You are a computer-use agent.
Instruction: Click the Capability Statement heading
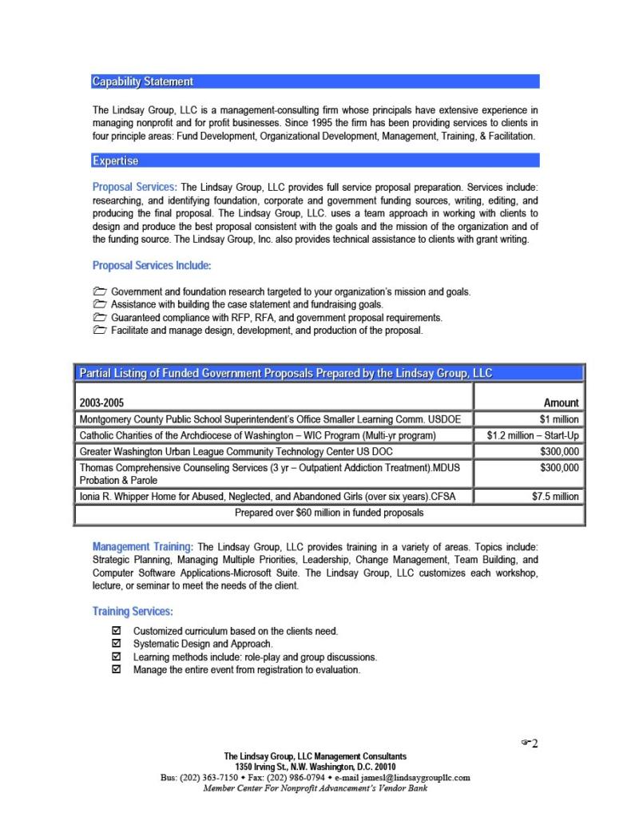pyautogui.click(x=143, y=81)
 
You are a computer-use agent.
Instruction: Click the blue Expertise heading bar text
pyautogui.click(x=116, y=161)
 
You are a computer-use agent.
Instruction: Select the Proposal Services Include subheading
pyautogui.click(x=152, y=265)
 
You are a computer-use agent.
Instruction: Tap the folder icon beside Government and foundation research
pyautogui.click(x=100, y=292)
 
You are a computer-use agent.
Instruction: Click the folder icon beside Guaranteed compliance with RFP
pyautogui.click(x=100, y=317)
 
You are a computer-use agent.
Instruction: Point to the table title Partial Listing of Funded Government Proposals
pyautogui.click(x=285, y=373)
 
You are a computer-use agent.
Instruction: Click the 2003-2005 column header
pyautogui.click(x=101, y=403)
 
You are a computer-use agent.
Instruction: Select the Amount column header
pyautogui.click(x=561, y=403)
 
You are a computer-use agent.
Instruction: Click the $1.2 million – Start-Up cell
pyautogui.click(x=533, y=435)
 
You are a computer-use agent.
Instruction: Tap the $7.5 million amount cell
pyautogui.click(x=555, y=496)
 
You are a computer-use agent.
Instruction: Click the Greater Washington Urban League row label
pyautogui.click(x=236, y=451)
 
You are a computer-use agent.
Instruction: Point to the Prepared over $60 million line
pyautogui.click(x=329, y=513)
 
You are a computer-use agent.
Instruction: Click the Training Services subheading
pyautogui.click(x=133, y=611)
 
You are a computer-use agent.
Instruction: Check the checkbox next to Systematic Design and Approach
pyautogui.click(x=117, y=643)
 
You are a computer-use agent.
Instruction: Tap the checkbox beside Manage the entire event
pyautogui.click(x=117, y=669)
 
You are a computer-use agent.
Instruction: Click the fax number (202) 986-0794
pyautogui.click(x=296, y=777)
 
